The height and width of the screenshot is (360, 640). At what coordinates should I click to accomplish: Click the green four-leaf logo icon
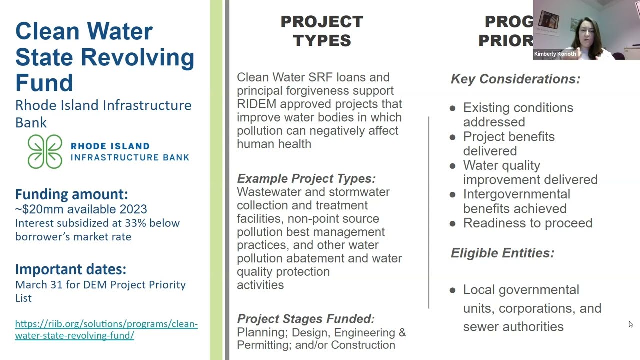click(45, 151)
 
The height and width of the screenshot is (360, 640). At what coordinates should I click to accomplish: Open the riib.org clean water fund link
click(106, 329)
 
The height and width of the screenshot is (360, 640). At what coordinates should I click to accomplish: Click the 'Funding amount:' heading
click(71, 194)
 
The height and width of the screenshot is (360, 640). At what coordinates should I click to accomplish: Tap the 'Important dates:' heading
click(70, 269)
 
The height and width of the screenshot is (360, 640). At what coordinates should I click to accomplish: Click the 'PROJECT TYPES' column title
click(322, 31)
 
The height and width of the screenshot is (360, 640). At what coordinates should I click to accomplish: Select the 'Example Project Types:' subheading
click(306, 179)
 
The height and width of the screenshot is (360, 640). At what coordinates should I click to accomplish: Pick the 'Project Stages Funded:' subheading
click(305, 319)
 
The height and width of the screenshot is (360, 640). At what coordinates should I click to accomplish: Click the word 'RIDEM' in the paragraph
click(256, 104)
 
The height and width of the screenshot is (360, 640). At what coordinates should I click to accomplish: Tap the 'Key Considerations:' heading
click(515, 79)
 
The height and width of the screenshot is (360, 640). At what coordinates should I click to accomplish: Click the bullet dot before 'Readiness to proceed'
click(453, 224)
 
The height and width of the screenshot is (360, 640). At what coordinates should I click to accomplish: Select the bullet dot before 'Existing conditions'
click(453, 108)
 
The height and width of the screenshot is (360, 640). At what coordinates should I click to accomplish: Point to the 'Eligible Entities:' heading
click(502, 253)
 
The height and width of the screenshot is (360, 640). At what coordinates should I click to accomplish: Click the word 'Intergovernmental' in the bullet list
click(516, 194)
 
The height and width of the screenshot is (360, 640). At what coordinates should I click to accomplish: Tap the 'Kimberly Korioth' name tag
click(555, 54)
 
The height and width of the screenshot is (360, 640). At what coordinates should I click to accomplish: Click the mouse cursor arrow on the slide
click(631, 325)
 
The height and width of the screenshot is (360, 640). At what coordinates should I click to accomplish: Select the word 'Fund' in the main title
click(44, 82)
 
